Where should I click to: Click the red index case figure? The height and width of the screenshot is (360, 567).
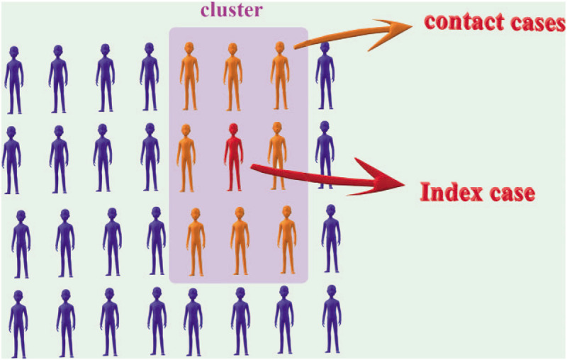click(x=233, y=157)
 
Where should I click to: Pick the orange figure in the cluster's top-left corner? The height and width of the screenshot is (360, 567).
click(x=189, y=77)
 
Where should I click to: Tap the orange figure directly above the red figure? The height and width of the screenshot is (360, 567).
click(x=232, y=77)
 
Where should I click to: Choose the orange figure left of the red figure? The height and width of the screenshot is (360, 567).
click(x=186, y=157)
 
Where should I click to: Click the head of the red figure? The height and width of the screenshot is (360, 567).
click(x=233, y=130)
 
